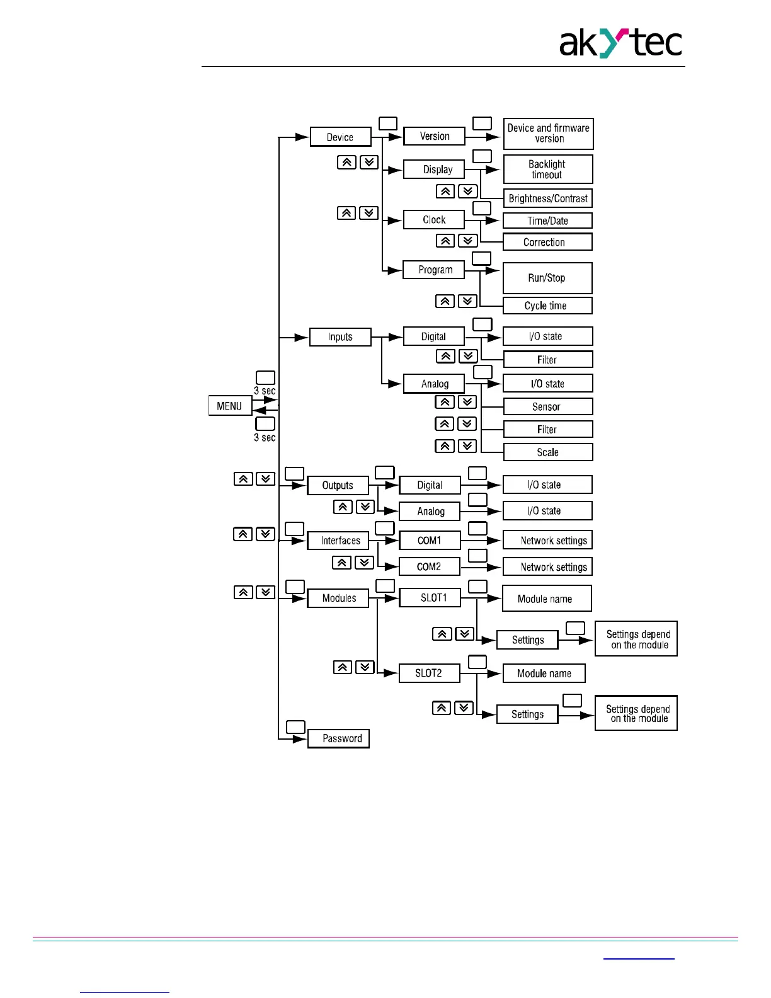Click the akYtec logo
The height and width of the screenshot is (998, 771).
click(620, 43)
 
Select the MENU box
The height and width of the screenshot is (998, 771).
click(230, 406)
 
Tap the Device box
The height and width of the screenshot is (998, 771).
click(340, 137)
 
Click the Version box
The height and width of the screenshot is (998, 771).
click(434, 136)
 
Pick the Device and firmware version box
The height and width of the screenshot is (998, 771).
click(548, 134)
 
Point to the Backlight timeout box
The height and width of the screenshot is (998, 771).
click(548, 169)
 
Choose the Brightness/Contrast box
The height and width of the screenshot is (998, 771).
click(548, 198)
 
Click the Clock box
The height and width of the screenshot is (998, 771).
click(434, 219)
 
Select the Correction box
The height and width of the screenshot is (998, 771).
click(547, 242)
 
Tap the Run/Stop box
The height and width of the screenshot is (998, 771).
click(547, 278)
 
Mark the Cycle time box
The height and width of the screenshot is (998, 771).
click(547, 306)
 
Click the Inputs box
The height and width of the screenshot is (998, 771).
click(340, 337)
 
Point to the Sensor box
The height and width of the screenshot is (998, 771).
click(548, 406)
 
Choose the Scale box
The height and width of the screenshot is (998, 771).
click(548, 452)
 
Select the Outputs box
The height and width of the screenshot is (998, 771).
click(338, 485)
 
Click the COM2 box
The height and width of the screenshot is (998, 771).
click(429, 566)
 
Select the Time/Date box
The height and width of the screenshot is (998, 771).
click(547, 221)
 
